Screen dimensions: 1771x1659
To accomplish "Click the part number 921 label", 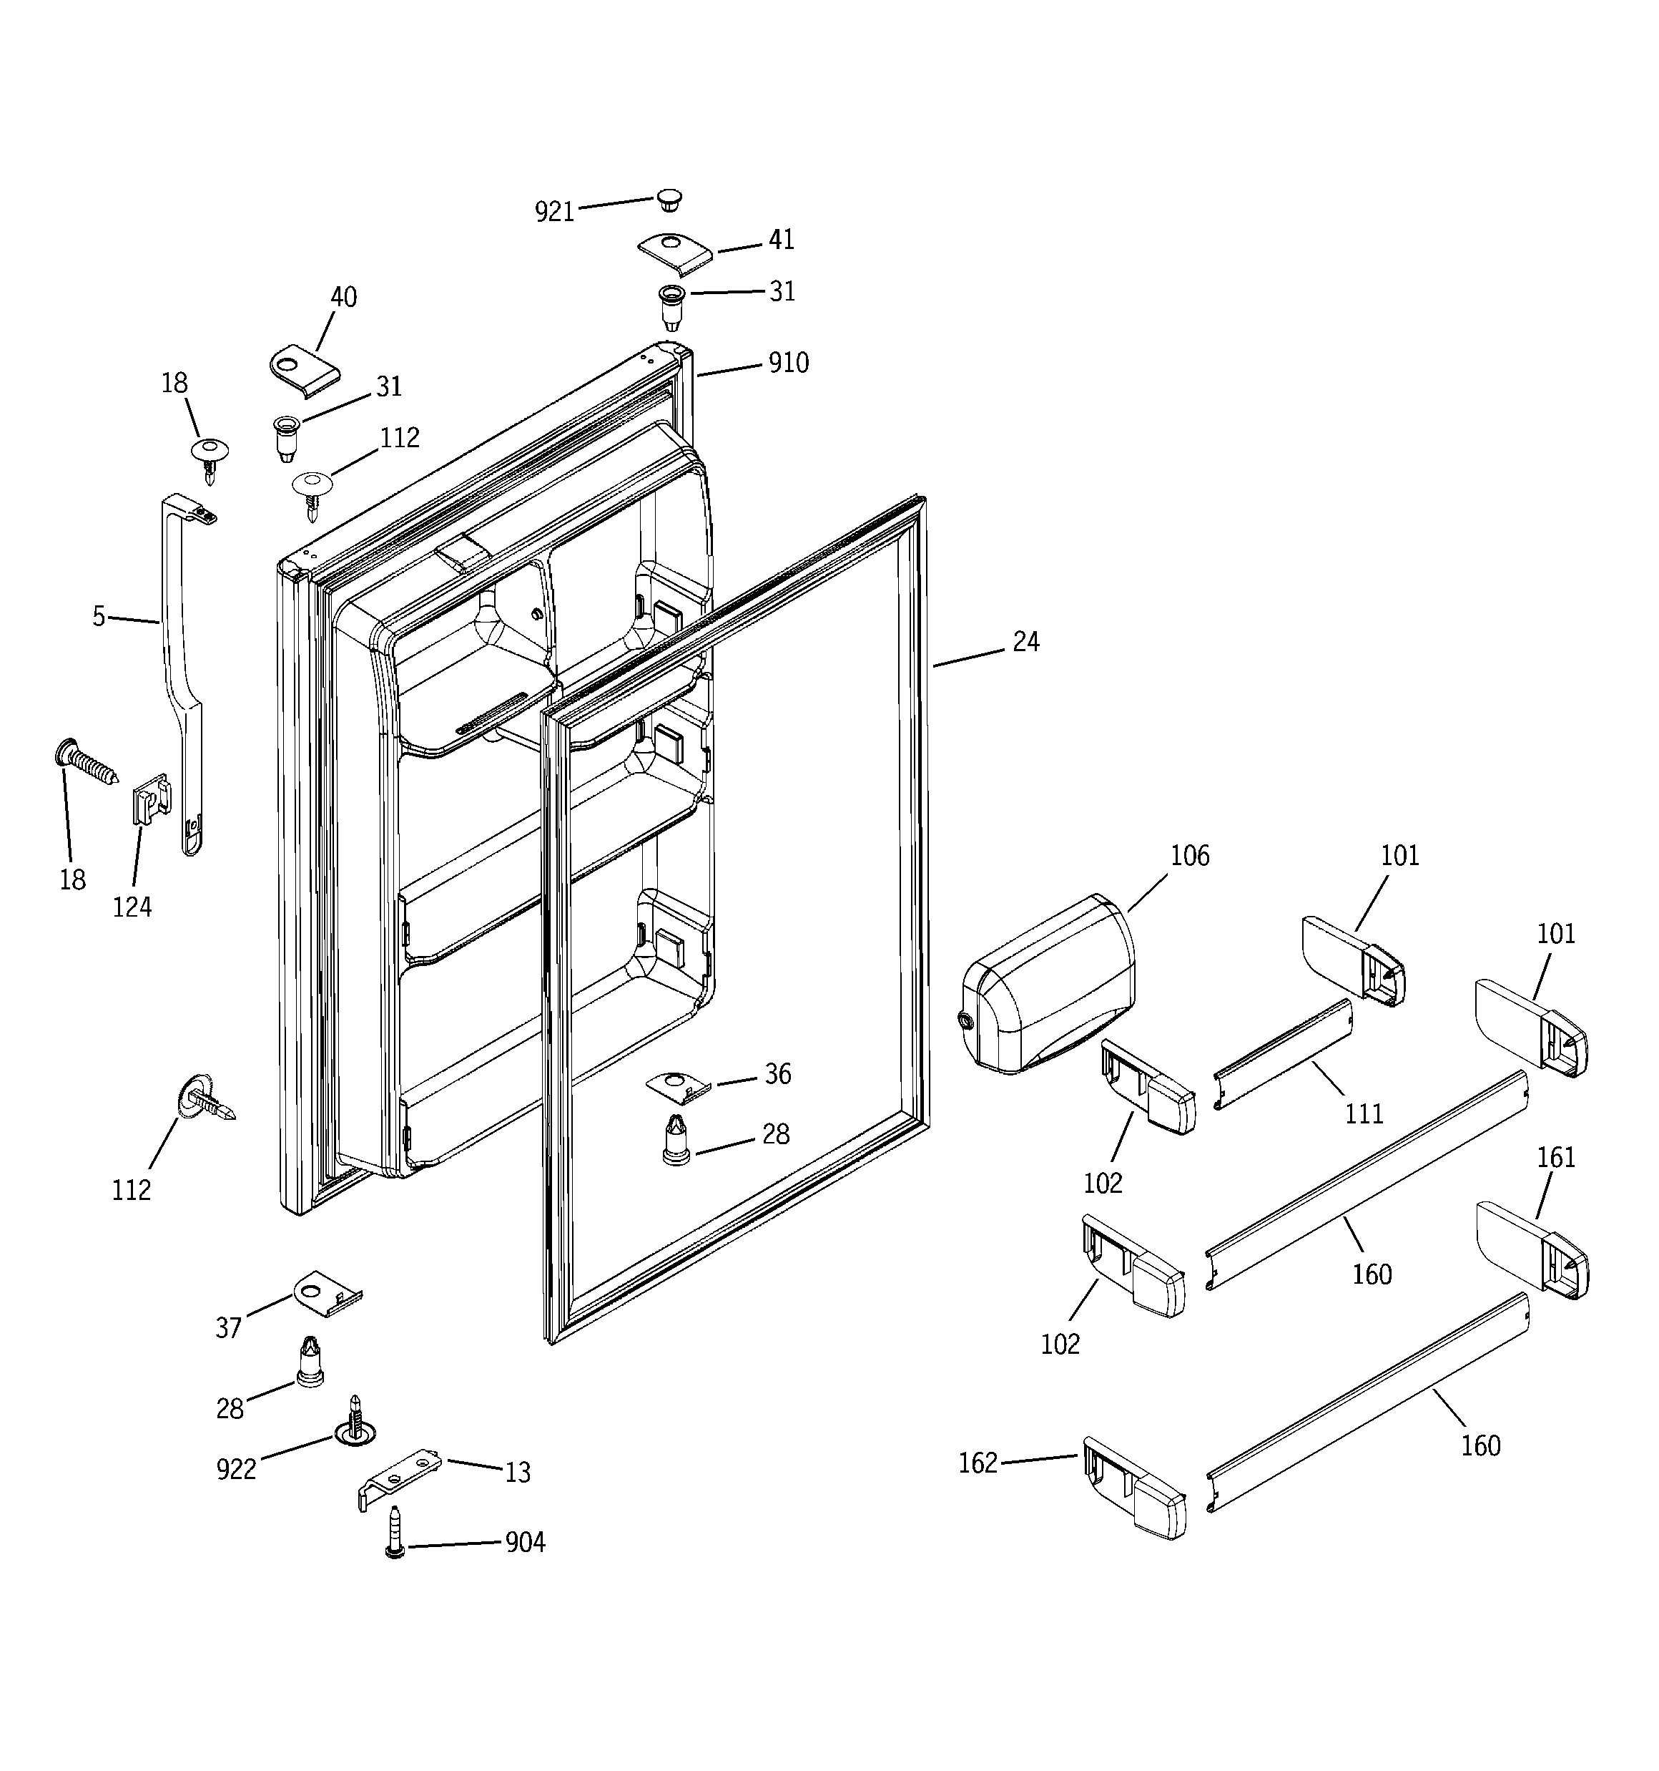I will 554,212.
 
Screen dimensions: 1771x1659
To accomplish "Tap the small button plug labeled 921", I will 669,200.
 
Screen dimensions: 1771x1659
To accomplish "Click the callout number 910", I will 788,364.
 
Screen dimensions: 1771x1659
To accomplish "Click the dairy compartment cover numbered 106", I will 1048,988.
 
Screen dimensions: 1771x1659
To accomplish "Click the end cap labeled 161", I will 1532,1250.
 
